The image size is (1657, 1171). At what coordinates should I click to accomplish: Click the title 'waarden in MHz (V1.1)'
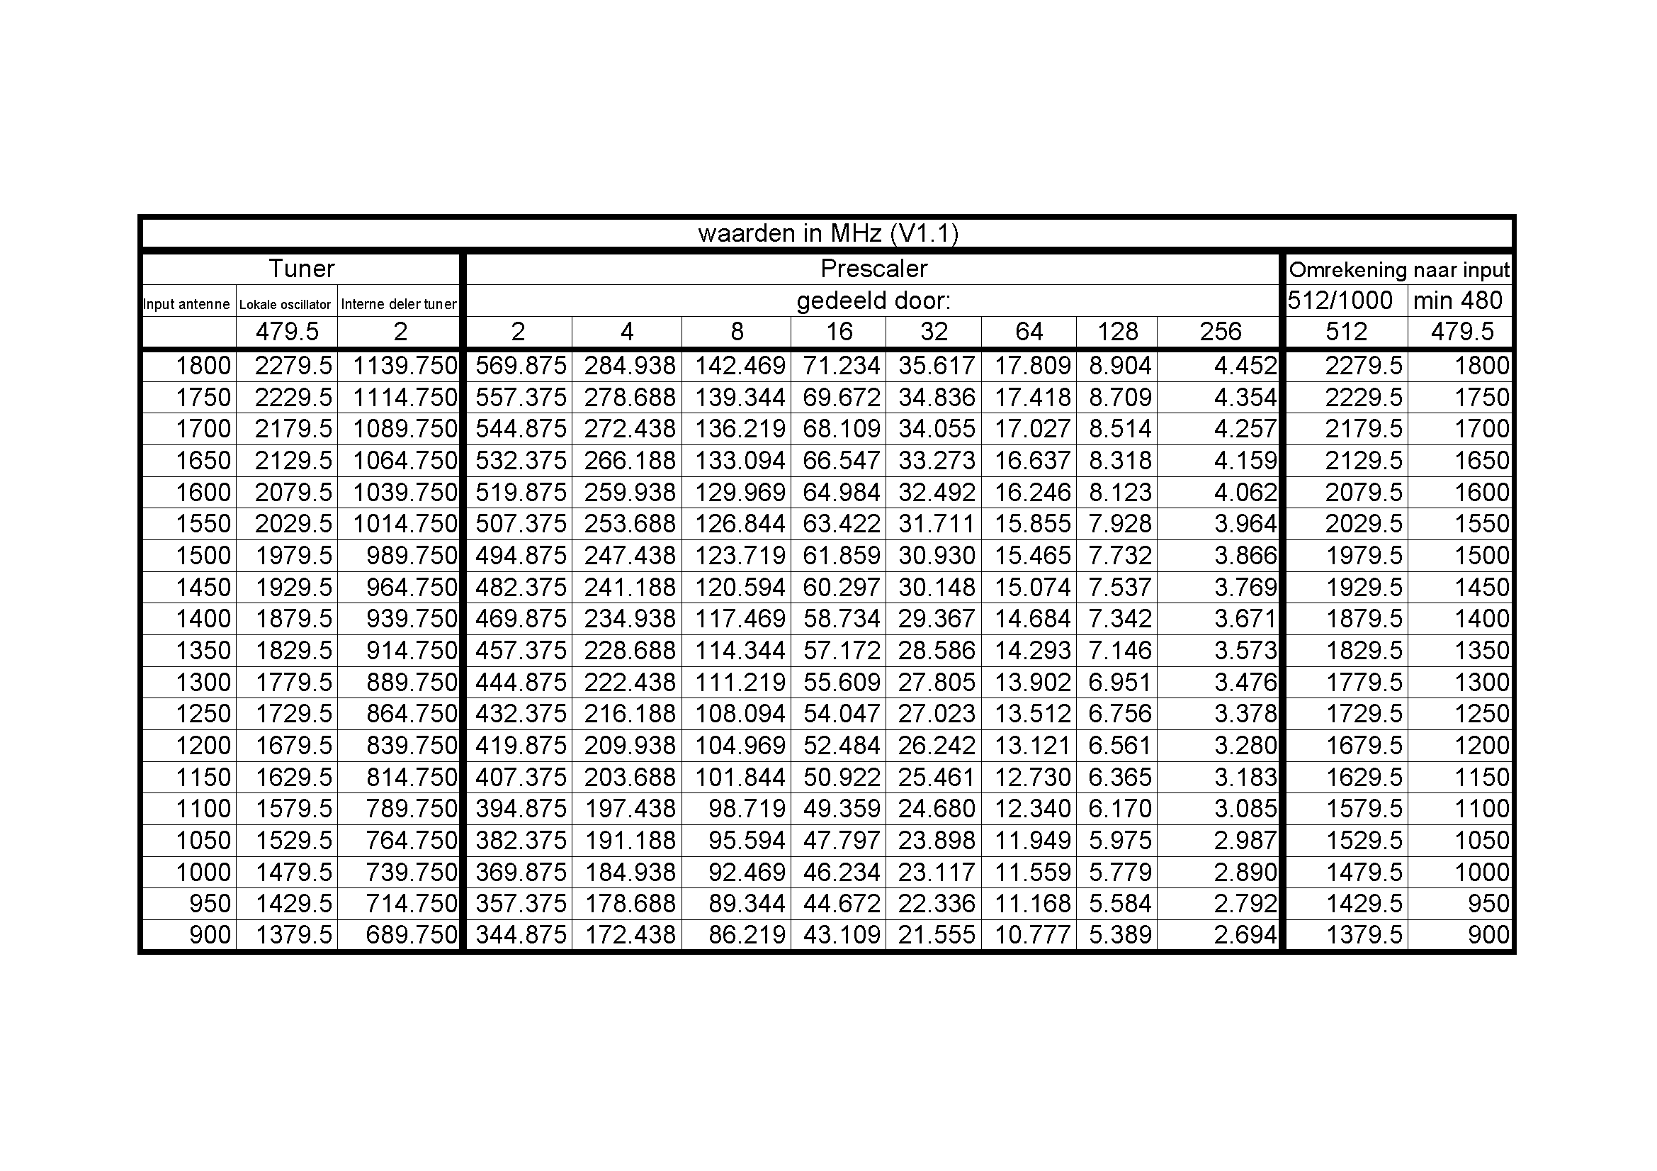[827, 234]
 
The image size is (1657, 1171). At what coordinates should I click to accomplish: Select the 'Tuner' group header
[301, 269]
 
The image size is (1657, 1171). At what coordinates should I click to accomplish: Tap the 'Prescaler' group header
[873, 269]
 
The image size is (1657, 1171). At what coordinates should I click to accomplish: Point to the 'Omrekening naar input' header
[1398, 270]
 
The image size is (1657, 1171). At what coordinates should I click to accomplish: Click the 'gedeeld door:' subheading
[873, 301]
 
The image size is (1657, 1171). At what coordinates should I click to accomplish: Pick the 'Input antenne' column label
[186, 304]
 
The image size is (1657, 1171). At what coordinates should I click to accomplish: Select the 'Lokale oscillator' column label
[285, 305]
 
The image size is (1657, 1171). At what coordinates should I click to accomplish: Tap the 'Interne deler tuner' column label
[398, 304]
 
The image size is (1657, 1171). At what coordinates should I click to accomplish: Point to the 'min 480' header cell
[1458, 301]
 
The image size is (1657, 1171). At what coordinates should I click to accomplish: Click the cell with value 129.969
[740, 493]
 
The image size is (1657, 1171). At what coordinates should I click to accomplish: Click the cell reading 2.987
[1245, 841]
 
